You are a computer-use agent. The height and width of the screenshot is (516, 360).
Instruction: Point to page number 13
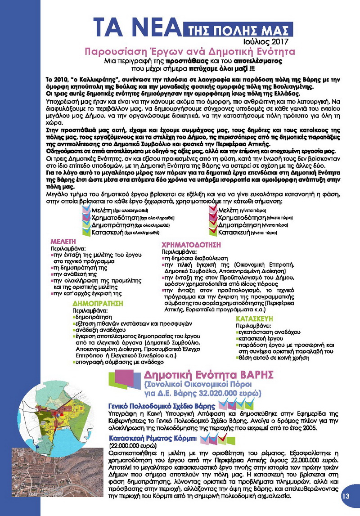tap(346, 496)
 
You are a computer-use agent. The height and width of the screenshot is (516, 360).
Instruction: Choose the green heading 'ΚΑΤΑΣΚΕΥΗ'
tap(256, 318)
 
